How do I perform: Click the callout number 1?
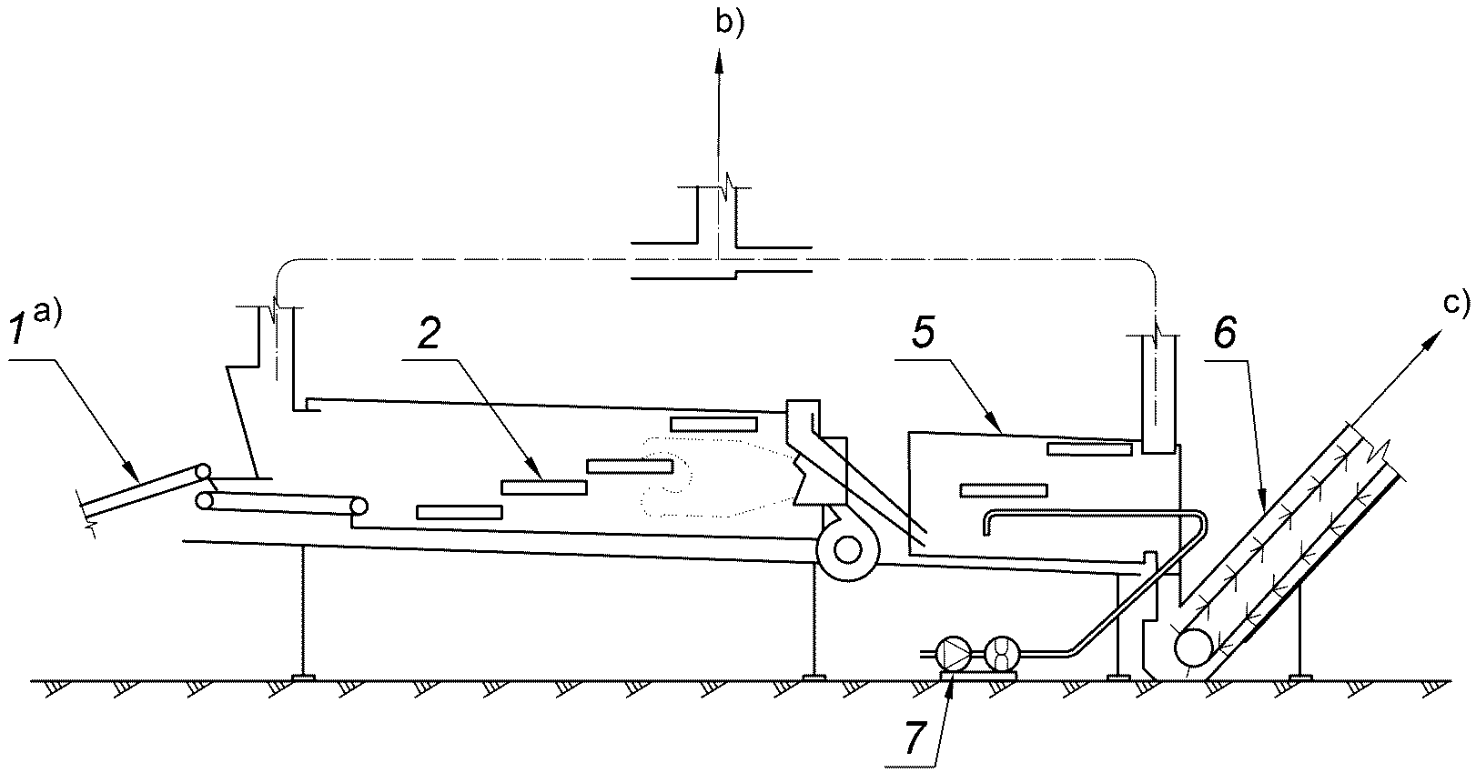tap(19, 336)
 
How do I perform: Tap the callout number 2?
tap(429, 336)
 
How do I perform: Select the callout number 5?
tap(923, 336)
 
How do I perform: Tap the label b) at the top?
tap(730, 23)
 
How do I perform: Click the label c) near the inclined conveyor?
tap(1456, 302)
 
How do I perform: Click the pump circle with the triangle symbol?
tap(955, 655)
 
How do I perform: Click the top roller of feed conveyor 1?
tap(202, 473)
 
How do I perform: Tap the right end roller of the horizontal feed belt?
tap(359, 507)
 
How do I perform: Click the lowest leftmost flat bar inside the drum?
tap(460, 512)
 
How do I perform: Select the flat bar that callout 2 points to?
tap(543, 487)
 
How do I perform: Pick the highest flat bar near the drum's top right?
tap(713, 424)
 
